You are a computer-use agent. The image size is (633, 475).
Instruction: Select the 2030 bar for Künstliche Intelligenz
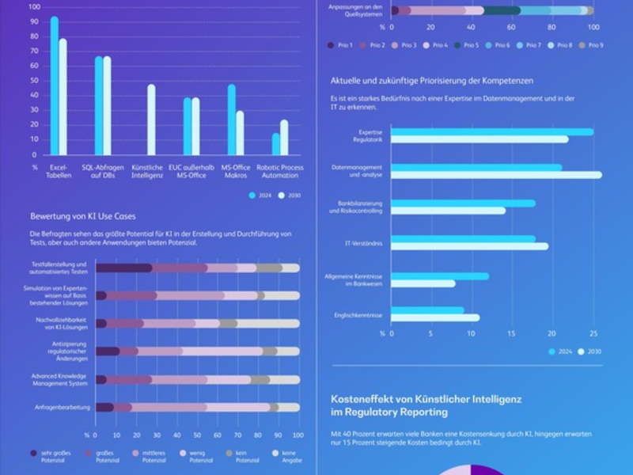151,120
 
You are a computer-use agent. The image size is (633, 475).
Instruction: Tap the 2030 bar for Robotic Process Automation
284,138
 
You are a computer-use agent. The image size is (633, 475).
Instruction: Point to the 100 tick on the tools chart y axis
34,7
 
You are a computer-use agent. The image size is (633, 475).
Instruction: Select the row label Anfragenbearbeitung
62,407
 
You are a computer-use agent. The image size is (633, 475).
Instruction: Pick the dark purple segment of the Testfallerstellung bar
123,268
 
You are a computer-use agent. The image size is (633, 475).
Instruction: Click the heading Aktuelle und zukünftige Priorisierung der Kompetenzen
431,81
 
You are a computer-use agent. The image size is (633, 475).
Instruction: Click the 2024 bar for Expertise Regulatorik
491,131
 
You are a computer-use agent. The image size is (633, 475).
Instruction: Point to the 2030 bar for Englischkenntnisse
435,317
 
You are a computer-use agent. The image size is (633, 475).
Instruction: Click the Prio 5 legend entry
466,45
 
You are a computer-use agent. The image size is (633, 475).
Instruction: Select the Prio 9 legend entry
590,45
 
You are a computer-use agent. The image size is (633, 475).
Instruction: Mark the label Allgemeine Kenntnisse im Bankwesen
355,279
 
